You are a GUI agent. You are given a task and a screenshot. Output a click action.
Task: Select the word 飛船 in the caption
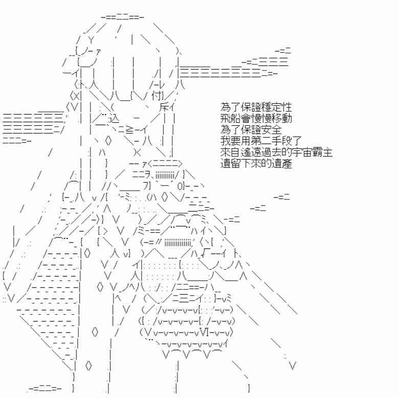tap(231, 118)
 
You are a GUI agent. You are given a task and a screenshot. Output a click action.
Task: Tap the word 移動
tap(281, 118)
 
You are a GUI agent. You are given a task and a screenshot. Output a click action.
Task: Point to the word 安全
tap(271, 130)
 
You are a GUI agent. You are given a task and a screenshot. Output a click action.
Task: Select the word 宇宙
tap(302, 152)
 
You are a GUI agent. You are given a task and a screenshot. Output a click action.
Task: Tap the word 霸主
tap(322, 152)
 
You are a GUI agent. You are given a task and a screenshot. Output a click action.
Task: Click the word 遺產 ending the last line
tap(281, 164)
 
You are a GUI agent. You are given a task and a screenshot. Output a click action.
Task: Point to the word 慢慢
tap(261, 118)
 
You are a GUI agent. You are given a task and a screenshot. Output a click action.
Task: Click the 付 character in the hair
tap(156, 96)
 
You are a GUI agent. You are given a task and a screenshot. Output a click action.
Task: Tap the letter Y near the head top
tap(92, 39)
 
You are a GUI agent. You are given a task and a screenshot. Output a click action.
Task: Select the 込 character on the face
tap(114, 118)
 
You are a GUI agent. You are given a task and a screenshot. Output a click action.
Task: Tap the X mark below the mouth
tap(137, 152)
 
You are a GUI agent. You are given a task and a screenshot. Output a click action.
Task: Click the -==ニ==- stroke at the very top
tap(123, 17)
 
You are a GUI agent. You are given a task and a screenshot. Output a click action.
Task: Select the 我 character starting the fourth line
tap(226, 141)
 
